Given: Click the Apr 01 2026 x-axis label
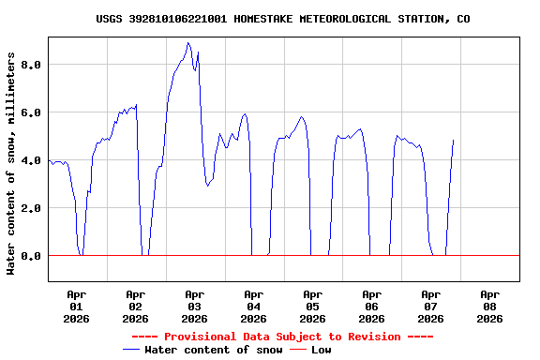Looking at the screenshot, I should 76,306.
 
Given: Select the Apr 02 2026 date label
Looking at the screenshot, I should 135,306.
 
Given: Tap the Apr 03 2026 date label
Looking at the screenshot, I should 194,306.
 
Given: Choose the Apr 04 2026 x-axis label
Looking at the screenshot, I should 253,306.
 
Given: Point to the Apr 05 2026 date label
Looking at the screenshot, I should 312,306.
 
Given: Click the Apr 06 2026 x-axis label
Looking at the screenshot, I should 371,306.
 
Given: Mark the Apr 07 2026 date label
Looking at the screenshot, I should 430,306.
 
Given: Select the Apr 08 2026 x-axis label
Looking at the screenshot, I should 489,306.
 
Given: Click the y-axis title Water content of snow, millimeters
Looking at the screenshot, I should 11,163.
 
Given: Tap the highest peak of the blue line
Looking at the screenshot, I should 188,43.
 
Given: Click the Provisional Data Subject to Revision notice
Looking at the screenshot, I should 282,337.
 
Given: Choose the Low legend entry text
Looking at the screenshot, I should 322,350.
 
